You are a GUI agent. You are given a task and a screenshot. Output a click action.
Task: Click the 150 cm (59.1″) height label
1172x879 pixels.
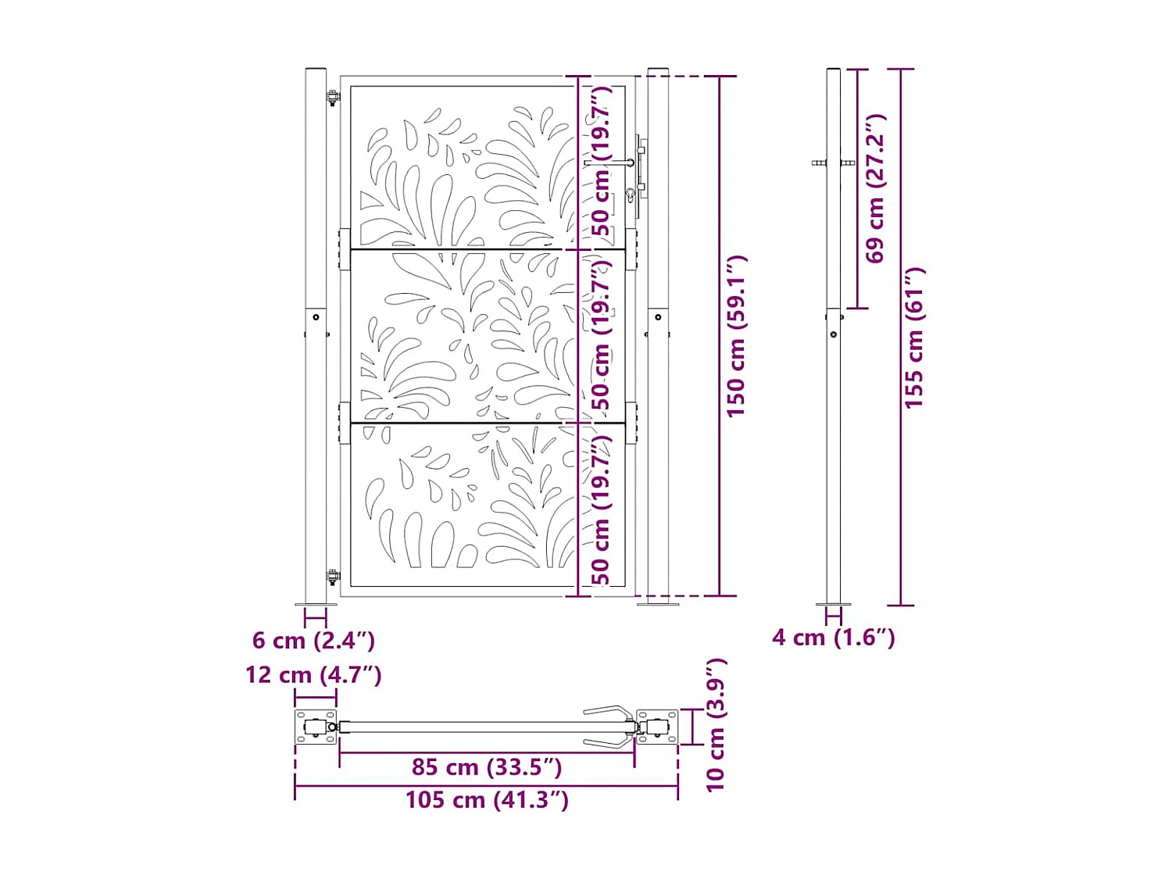tap(735, 336)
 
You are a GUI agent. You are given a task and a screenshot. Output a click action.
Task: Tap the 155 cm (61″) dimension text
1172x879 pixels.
tap(913, 338)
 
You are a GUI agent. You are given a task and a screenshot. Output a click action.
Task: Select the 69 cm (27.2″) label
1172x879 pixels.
tap(875, 188)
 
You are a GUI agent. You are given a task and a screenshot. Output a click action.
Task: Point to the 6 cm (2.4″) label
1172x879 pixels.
tap(313, 641)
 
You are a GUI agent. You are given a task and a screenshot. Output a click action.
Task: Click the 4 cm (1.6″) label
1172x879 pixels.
tap(833, 638)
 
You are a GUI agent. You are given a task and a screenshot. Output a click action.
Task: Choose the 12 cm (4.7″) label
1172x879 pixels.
tap(313, 675)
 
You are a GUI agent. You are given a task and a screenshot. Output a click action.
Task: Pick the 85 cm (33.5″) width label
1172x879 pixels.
tap(487, 767)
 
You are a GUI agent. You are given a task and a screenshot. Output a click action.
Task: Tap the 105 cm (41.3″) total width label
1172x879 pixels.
tap(487, 800)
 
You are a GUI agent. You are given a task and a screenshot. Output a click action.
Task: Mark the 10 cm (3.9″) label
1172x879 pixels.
tap(716, 725)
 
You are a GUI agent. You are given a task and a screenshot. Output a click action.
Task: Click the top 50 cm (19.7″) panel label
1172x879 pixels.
tap(601, 161)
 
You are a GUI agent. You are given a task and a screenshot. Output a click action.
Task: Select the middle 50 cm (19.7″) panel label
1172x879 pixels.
tap(601, 334)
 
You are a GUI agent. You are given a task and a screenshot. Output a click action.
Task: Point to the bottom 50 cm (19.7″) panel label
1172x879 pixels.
tap(601, 509)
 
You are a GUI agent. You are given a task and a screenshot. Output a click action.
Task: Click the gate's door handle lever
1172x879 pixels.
tap(609, 163)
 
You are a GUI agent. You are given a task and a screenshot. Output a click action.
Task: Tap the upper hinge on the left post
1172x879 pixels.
tap(333, 98)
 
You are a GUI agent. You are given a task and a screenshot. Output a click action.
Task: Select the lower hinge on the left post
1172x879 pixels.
tap(333, 577)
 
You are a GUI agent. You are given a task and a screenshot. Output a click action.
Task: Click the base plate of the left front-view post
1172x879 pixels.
tap(316, 604)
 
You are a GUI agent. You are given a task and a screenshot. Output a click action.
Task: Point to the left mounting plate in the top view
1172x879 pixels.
tap(316, 727)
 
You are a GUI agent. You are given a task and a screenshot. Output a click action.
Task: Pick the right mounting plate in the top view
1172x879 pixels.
tap(657, 727)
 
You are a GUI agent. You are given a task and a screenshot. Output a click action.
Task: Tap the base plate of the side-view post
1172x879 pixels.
tap(834, 604)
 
